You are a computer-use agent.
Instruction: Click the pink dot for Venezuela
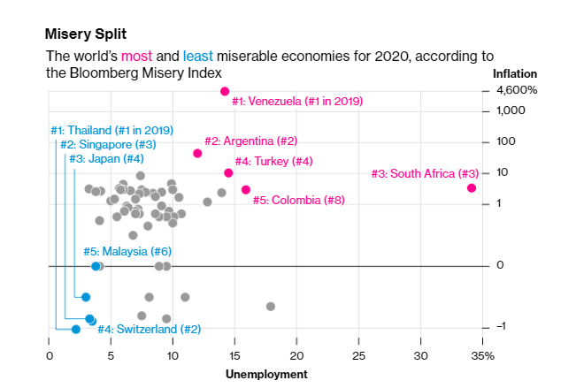(225, 91)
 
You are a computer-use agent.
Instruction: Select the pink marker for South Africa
(472, 187)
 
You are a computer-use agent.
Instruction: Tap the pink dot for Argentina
(197, 153)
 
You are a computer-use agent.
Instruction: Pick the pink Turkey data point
(228, 173)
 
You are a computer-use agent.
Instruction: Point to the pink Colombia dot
(246, 189)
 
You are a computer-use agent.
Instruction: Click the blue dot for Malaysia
(96, 266)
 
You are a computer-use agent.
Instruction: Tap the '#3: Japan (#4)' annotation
(107, 158)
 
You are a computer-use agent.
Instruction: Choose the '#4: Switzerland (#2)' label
(150, 329)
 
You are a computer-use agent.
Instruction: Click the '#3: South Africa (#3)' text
(425, 173)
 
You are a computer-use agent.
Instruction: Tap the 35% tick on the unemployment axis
(482, 355)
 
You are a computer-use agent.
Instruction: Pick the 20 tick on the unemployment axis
(296, 355)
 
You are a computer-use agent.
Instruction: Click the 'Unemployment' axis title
(266, 374)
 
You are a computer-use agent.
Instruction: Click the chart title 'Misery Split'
(85, 34)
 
